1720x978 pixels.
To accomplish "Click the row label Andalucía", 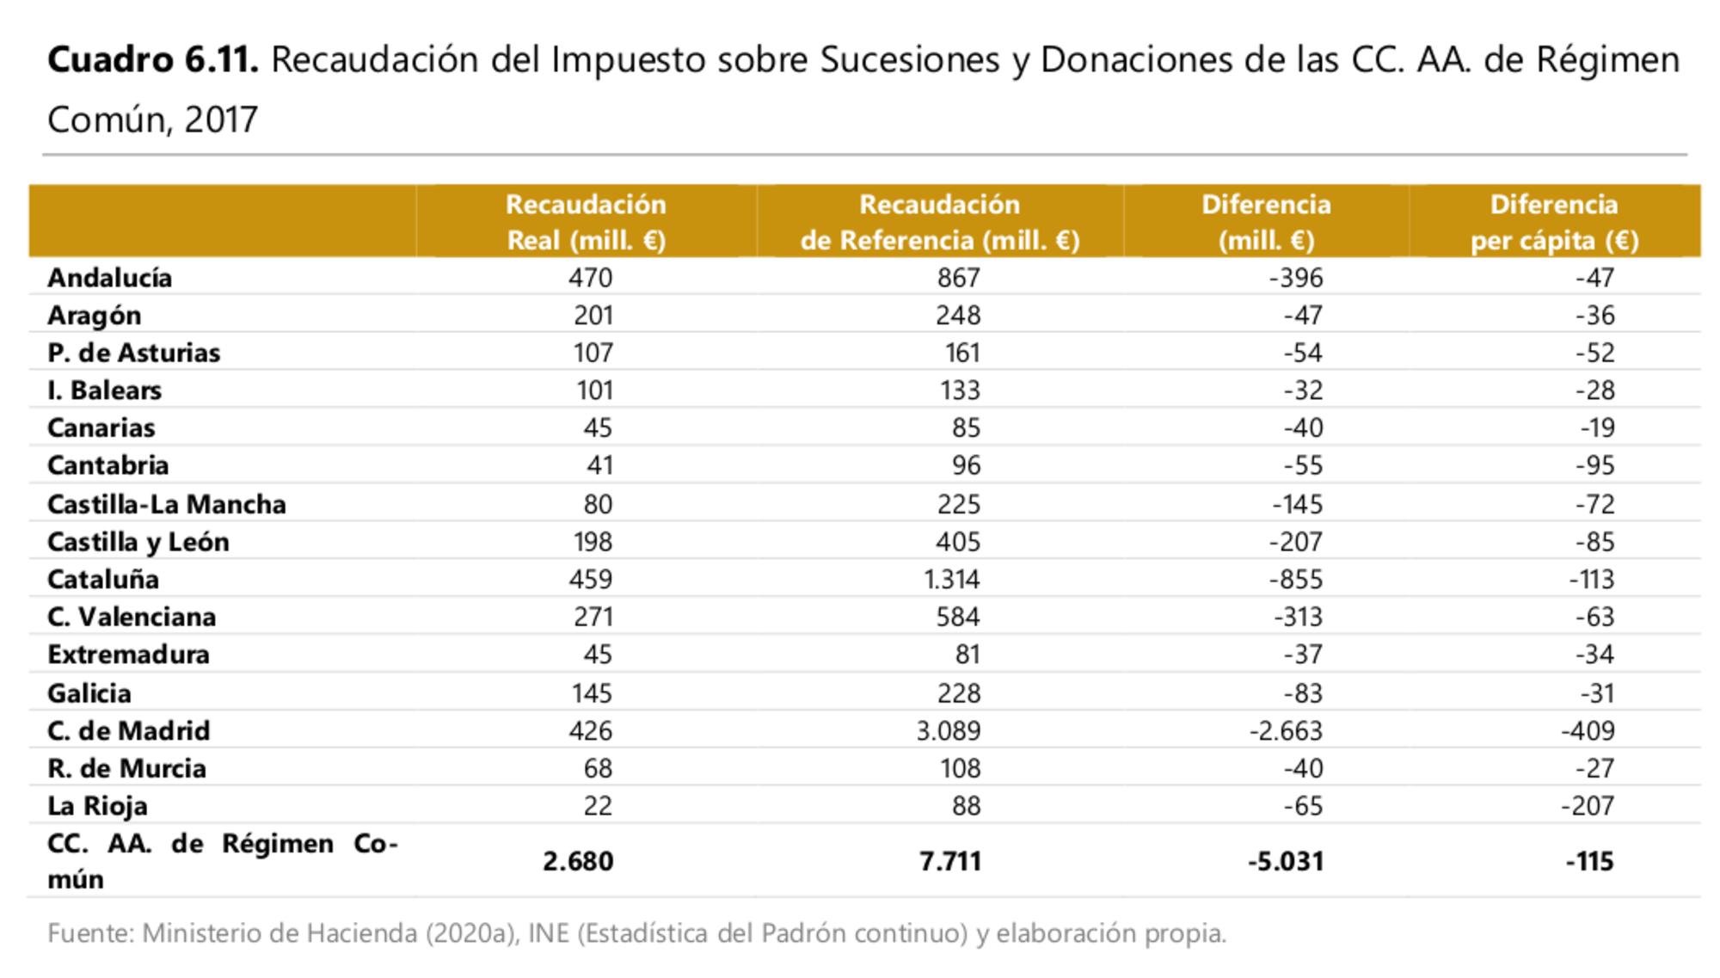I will pos(109,278).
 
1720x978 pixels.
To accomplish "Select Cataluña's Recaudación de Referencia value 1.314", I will pos(951,579).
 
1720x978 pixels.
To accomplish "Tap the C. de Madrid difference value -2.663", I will pos(1286,730).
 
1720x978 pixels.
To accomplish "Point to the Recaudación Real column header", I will pos(586,222).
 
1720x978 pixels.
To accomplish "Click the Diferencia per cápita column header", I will pos(1554,222).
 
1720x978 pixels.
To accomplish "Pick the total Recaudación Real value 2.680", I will pos(578,861).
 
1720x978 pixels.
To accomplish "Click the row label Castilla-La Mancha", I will pos(166,504).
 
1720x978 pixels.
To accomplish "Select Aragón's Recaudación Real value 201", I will pos(593,316).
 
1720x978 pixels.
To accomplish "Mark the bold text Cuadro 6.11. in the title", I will pos(152,60).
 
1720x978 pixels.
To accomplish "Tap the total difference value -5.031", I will pos(1286,861).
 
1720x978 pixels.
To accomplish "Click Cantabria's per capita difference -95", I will pos(1595,465).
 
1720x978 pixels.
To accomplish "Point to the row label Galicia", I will pos(89,693).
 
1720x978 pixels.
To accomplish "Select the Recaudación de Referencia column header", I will pos(939,222).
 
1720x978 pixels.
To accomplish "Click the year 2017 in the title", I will pos(221,120).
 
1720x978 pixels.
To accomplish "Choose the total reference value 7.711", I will pos(949,861).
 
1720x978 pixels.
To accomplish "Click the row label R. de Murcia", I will pos(126,768).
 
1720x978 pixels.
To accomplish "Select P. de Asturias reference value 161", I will pos(962,353).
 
